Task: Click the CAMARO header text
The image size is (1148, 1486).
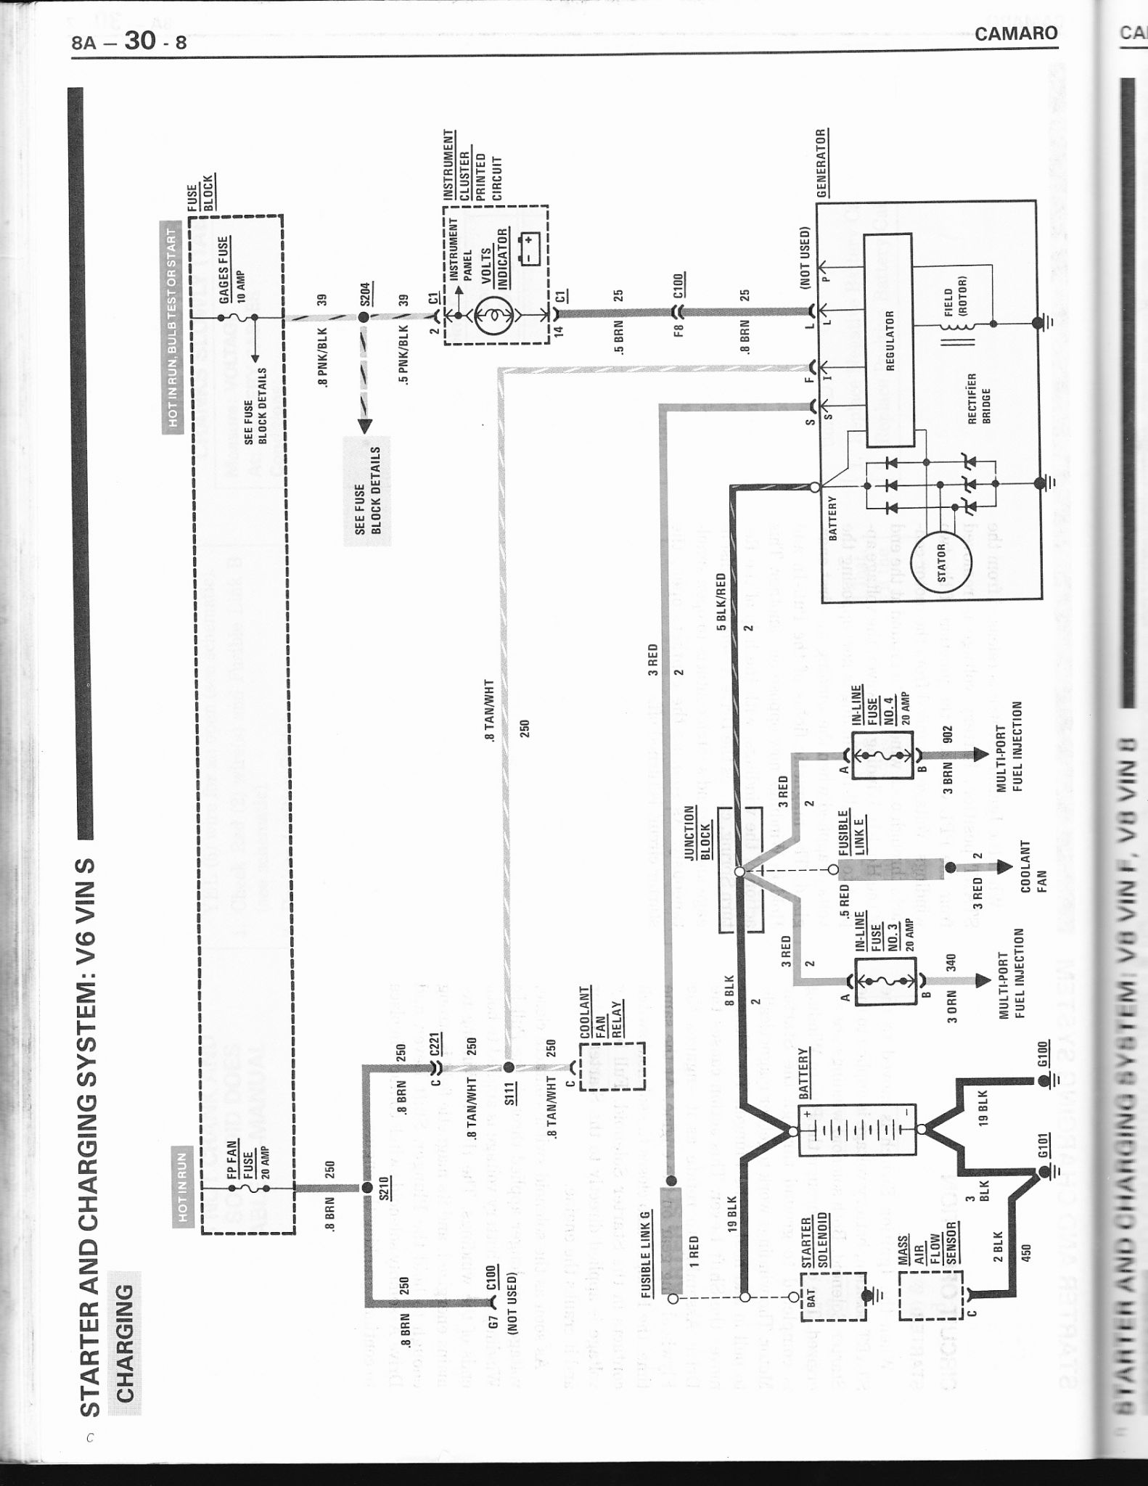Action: pyautogui.click(x=1016, y=33)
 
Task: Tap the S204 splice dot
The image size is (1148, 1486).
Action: pyautogui.click(x=364, y=317)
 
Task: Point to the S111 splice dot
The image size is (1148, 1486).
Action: pyautogui.click(x=509, y=1067)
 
